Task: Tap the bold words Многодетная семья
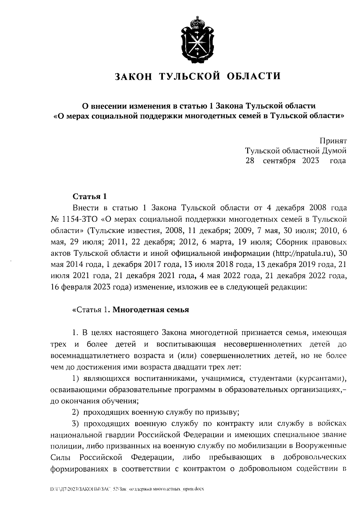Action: pos(151,310)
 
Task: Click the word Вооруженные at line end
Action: pos(321,446)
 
